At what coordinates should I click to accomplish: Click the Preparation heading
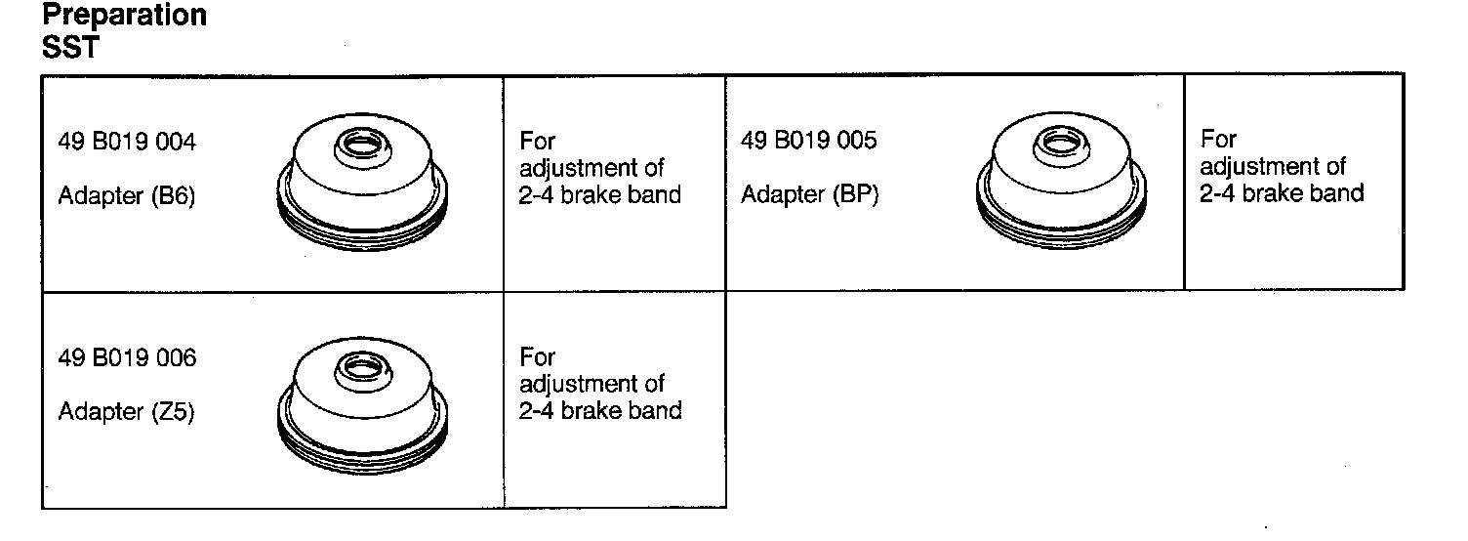point(124,17)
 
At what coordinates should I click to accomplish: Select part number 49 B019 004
point(127,143)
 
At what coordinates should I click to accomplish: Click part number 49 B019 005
point(809,141)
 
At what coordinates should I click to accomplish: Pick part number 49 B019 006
point(127,358)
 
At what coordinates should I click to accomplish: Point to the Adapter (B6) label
point(127,196)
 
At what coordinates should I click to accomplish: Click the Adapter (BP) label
point(809,195)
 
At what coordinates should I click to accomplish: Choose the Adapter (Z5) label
point(127,412)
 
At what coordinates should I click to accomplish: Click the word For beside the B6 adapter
point(538,143)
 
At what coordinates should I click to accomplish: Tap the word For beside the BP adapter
point(1219,140)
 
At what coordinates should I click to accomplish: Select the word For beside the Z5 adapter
point(538,357)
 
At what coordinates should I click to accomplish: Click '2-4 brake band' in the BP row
point(1282,192)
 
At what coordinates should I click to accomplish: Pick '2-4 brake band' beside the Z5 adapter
point(600,410)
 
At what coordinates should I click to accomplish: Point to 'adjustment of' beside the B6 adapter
point(592,168)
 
